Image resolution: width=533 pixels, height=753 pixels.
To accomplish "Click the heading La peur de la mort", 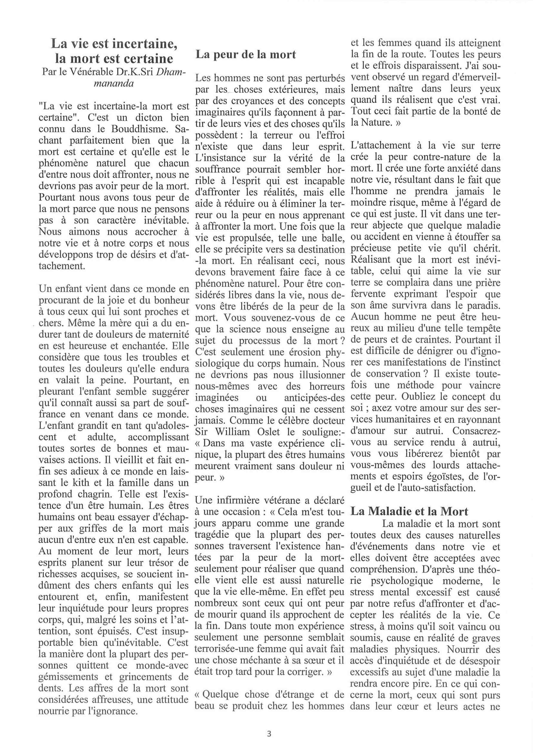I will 246,54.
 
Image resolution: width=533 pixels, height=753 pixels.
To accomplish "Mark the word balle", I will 332,238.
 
